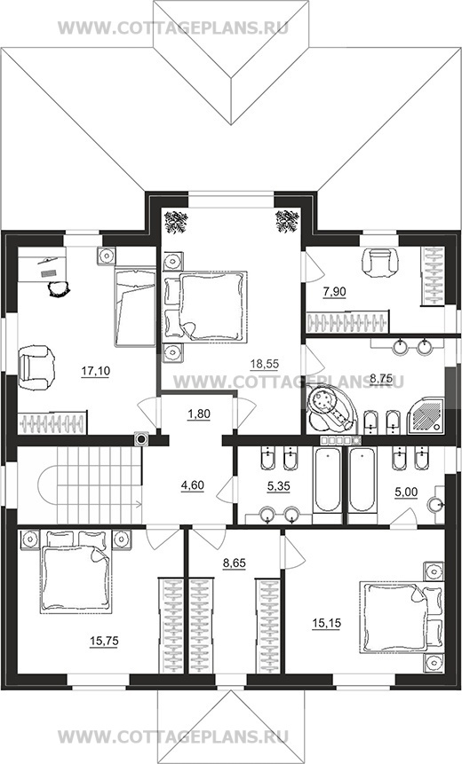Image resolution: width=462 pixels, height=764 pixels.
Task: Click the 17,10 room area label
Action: pyautogui.click(x=96, y=371)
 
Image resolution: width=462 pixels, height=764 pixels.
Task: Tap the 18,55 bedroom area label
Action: pyautogui.click(x=265, y=363)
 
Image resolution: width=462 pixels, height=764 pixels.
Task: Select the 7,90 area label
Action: pyautogui.click(x=334, y=292)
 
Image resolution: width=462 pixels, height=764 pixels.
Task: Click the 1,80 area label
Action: pyautogui.click(x=198, y=414)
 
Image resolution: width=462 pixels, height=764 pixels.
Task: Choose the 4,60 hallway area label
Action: pyautogui.click(x=192, y=485)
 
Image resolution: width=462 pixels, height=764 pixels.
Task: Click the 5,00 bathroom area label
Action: pyautogui.click(x=406, y=492)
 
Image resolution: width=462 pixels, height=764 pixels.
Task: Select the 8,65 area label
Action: pyautogui.click(x=235, y=563)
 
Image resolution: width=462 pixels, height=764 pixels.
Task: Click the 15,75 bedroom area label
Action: pyautogui.click(x=104, y=642)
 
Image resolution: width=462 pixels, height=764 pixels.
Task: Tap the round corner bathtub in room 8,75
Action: pyautogui.click(x=331, y=408)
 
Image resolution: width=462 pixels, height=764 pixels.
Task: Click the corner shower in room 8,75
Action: pyautogui.click(x=426, y=414)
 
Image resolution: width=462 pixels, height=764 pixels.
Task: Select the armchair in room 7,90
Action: pyautogui.click(x=379, y=264)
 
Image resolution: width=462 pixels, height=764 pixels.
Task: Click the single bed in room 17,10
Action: pyautogui.click(x=135, y=307)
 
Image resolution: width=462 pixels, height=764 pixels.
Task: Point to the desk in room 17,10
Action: pyautogui.click(x=42, y=264)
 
